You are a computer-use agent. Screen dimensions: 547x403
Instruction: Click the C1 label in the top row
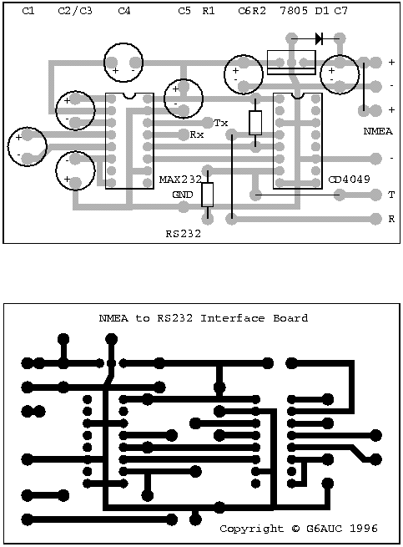click(x=28, y=11)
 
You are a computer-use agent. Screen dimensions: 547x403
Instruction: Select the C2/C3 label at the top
click(x=75, y=11)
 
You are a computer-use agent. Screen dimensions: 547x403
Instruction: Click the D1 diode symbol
click(x=318, y=38)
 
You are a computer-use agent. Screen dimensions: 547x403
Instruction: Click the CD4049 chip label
click(x=345, y=180)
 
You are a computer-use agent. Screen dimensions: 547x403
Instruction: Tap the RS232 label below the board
click(x=184, y=235)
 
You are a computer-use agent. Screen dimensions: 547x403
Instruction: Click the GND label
click(x=183, y=195)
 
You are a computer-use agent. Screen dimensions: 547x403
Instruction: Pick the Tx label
click(x=221, y=123)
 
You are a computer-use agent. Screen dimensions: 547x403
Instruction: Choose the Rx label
click(x=197, y=134)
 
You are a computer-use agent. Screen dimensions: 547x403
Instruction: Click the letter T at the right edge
click(x=391, y=195)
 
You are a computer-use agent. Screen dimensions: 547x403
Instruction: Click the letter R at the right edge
click(x=391, y=219)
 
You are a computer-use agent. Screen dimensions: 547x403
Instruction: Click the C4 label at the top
click(x=124, y=11)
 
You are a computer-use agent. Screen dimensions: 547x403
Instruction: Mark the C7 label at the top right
click(x=340, y=11)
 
